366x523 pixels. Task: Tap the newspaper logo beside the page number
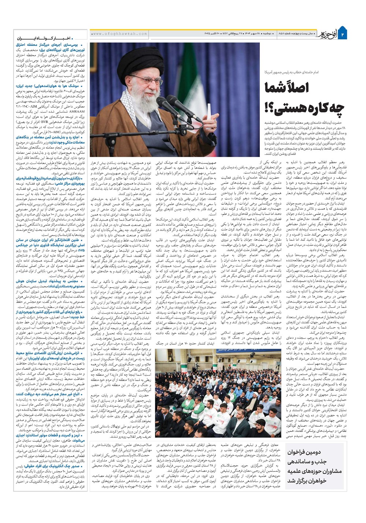click(x=325, y=33)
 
